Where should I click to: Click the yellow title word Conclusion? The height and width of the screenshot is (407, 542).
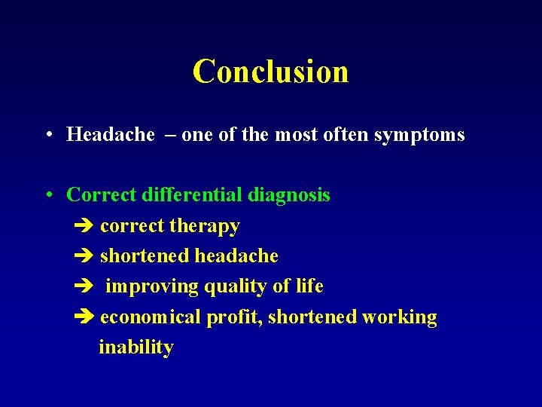click(x=270, y=72)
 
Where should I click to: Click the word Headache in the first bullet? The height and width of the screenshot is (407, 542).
click(x=111, y=135)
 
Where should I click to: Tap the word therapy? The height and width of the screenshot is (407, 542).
click(x=205, y=226)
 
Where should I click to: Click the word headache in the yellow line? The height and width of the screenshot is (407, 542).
click(x=236, y=256)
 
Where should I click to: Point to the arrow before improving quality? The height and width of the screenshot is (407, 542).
click(x=84, y=287)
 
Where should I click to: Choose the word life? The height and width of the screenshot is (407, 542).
click(x=309, y=286)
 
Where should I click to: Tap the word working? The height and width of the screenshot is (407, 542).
click(x=399, y=317)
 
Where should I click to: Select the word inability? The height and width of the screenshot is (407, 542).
click(x=136, y=347)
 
